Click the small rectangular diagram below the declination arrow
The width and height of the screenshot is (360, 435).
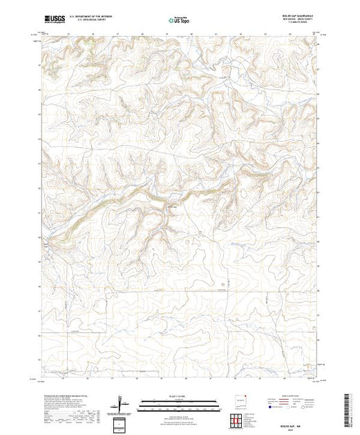(x=122, y=422)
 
